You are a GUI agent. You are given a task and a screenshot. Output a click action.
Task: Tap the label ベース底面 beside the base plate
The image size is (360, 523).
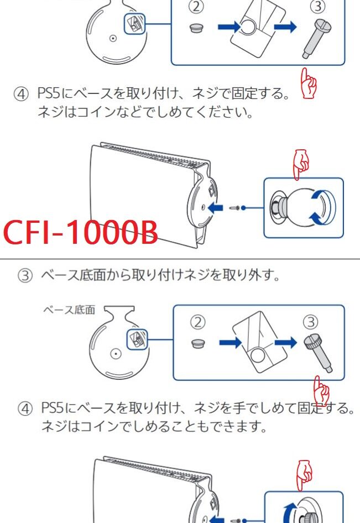pos(69,310)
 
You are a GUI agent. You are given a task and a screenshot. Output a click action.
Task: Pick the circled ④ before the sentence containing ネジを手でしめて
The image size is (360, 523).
pos(25,409)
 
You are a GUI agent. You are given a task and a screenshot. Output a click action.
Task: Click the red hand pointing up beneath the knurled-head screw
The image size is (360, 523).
pos(321,390)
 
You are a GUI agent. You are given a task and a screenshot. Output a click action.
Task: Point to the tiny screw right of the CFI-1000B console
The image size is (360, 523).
pos(236,207)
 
